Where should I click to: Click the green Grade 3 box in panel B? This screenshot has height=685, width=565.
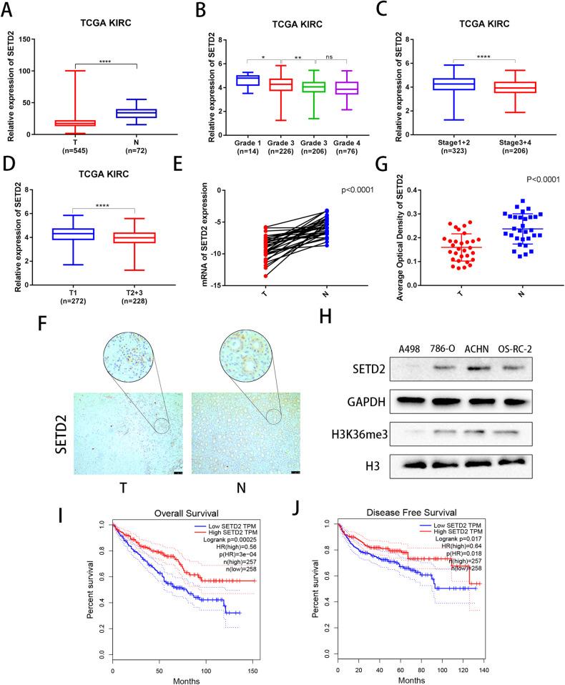point(313,87)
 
